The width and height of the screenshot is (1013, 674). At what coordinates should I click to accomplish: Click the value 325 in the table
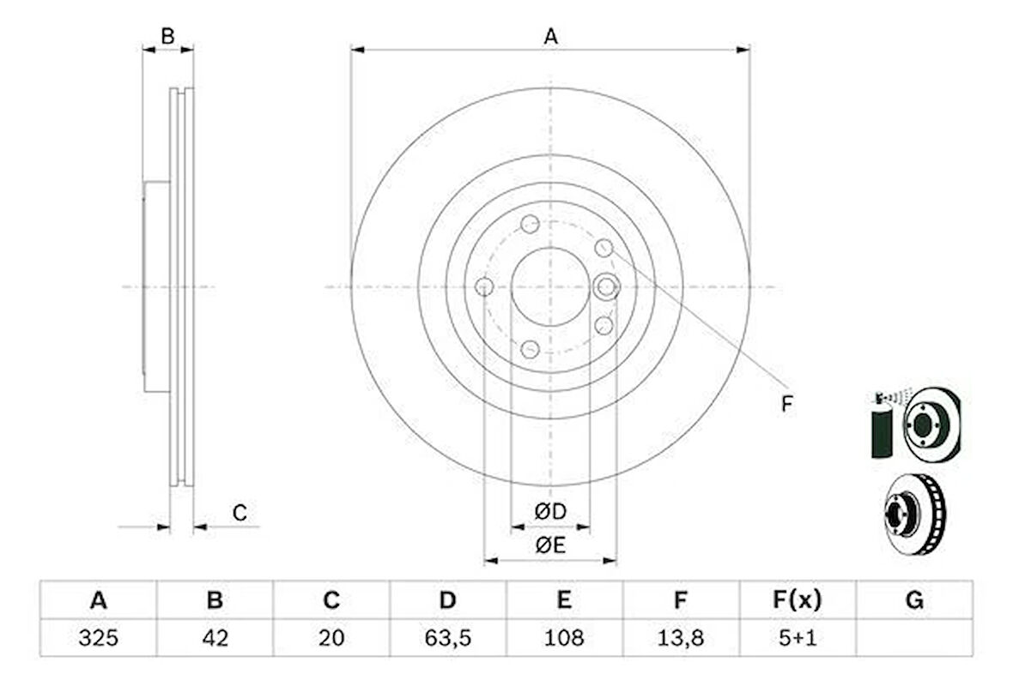click(x=99, y=638)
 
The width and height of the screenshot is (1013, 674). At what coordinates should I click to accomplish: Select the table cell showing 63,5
click(x=447, y=638)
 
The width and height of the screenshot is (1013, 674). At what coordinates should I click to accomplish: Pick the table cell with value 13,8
click(x=680, y=638)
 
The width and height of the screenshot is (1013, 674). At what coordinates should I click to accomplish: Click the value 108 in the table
click(x=563, y=638)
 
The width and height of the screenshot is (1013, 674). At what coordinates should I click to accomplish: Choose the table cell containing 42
click(x=215, y=638)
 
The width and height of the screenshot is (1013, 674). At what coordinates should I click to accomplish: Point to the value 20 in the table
click(x=331, y=638)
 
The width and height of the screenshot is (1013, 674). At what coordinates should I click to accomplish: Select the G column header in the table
click(x=914, y=601)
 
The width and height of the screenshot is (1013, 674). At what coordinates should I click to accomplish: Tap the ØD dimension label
click(x=550, y=512)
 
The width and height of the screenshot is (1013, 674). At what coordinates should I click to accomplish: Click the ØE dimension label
click(x=550, y=545)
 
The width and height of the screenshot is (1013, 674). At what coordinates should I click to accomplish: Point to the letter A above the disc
click(x=550, y=36)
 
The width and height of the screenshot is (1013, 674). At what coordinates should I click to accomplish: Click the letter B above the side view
click(x=168, y=36)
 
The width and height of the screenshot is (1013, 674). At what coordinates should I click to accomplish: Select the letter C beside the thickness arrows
click(x=240, y=514)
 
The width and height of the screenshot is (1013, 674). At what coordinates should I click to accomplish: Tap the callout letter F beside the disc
click(x=786, y=404)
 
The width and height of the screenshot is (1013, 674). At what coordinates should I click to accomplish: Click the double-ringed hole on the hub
click(x=607, y=286)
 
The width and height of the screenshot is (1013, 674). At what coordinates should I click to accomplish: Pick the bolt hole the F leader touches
click(x=604, y=248)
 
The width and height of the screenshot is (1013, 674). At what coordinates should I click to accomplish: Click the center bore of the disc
click(x=549, y=287)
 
